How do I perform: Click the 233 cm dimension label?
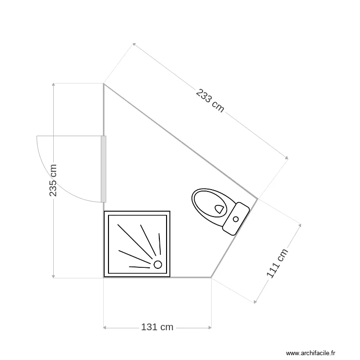210,101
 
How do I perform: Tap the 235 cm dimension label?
53,180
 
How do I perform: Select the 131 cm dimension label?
157,327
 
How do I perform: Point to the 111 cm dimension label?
277,264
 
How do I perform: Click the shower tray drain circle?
157,264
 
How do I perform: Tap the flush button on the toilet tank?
236,219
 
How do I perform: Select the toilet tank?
236,219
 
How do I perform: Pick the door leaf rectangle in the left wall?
104,169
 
